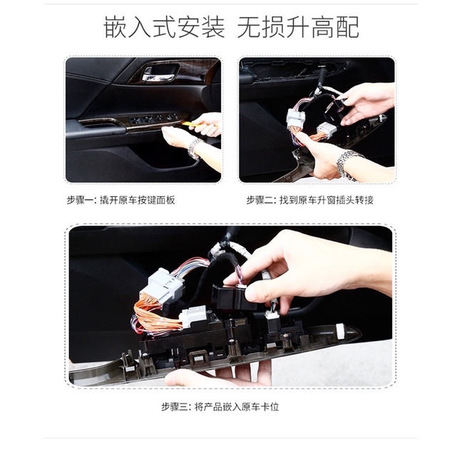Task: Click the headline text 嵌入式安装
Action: pos(164,27)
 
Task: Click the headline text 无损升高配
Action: pos(298,27)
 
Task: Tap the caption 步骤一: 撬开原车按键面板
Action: pos(120,200)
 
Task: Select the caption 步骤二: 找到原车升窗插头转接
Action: pos(310,200)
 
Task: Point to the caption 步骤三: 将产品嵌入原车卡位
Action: pos(220,407)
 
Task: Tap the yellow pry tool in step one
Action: pos(189,124)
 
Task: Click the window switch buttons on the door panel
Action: pos(153,119)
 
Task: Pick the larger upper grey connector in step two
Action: pos(296,119)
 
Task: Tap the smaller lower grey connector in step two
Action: pos(326,130)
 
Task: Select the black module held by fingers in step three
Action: pos(232,297)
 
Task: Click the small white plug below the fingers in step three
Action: pos(272,314)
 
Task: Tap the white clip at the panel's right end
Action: pos(342,331)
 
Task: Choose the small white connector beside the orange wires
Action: pos(194,318)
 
